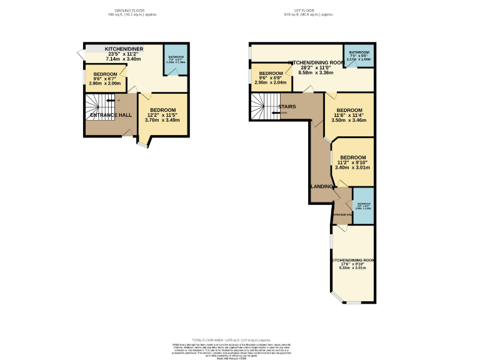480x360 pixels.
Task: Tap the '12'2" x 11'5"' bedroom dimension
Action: point(162,115)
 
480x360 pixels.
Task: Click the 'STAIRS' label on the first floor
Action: point(287,107)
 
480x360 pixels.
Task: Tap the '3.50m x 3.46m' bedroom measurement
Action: point(350,120)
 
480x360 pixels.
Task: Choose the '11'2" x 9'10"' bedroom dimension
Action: point(352,162)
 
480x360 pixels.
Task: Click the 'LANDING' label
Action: point(322,186)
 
